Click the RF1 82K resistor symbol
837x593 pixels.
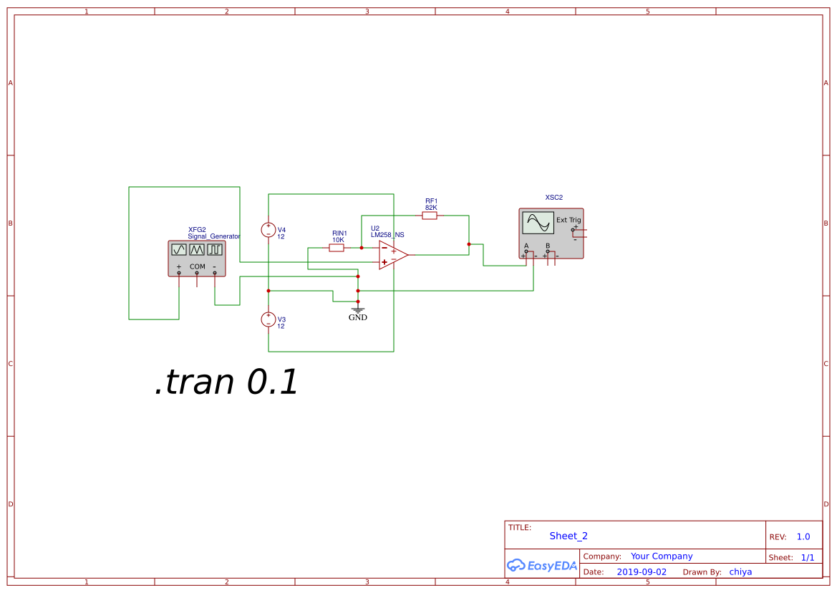[x=430, y=215]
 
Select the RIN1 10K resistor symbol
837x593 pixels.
[x=337, y=248]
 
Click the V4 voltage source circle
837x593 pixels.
[x=268, y=230]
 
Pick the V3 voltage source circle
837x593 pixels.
[x=268, y=319]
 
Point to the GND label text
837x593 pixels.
[x=357, y=317]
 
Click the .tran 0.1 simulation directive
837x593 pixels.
[x=226, y=382]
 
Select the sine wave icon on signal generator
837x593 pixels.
[x=179, y=249]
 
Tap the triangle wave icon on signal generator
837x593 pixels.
[x=197, y=249]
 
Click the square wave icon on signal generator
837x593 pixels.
[x=215, y=249]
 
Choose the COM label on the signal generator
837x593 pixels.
[x=197, y=266]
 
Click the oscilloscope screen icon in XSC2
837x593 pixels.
[x=538, y=223]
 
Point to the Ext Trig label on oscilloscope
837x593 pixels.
[x=569, y=220]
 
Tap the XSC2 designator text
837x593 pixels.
[x=553, y=197]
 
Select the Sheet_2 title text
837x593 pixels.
[x=569, y=536]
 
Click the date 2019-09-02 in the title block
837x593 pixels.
[x=641, y=572]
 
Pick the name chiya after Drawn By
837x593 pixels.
[x=740, y=572]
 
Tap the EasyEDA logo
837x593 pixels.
[x=541, y=565]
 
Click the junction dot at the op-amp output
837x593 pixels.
[x=469, y=244]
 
